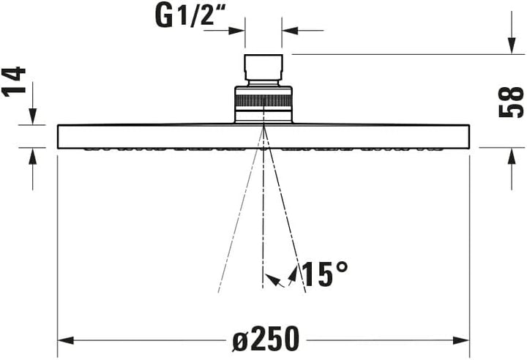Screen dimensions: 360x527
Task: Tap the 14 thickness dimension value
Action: tap(15, 82)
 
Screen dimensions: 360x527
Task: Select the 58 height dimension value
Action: tap(510, 101)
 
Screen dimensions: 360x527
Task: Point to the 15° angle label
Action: tap(324, 274)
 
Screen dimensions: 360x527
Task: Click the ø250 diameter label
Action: tap(266, 339)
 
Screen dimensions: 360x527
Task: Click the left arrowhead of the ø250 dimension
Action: tap(64, 341)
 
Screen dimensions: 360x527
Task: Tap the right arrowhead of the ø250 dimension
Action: tap(463, 341)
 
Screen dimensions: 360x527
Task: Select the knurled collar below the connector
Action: tap(263, 102)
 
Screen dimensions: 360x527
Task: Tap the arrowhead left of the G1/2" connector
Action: tap(240, 31)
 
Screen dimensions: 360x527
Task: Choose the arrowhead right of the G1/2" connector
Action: tap(288, 31)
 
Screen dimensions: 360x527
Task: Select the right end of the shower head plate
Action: tap(466, 136)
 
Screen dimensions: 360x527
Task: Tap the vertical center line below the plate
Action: tap(263, 220)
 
